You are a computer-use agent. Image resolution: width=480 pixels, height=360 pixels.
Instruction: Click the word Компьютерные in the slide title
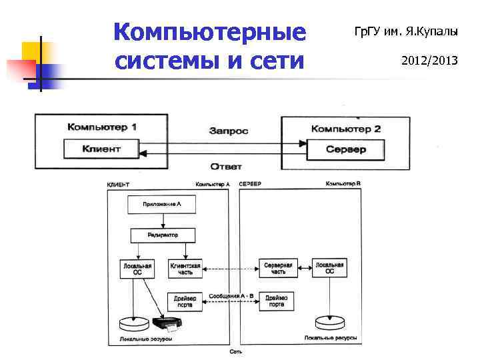(209, 31)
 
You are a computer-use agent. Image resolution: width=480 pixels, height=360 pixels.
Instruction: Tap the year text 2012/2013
(429, 61)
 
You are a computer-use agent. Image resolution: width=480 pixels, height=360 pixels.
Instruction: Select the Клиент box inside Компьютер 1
(101, 149)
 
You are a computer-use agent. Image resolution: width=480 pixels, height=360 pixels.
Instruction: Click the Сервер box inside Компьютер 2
(345, 149)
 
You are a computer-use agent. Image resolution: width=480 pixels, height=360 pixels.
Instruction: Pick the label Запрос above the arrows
(228, 131)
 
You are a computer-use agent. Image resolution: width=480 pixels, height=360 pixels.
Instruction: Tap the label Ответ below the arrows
(226, 166)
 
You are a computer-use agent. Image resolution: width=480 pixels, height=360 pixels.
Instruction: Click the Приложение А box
(162, 205)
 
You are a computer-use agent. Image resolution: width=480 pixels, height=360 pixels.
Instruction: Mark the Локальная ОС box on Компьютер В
(329, 268)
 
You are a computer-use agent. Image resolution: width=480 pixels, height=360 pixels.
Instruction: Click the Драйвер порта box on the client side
(185, 301)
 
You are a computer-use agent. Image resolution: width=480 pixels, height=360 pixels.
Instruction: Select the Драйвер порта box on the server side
(277, 301)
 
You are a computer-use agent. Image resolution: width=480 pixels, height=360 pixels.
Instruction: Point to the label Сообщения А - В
(231, 295)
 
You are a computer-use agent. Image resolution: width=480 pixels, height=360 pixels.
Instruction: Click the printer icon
(167, 325)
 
